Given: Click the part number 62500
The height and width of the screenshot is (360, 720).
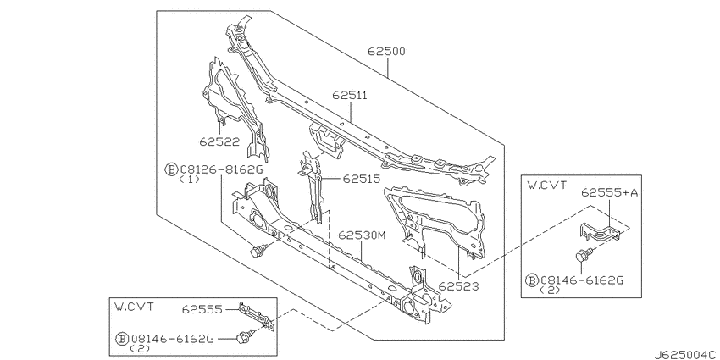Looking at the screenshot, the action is pyautogui.click(x=386, y=51).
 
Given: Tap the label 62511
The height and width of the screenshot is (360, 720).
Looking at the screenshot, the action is pyautogui.click(x=350, y=96).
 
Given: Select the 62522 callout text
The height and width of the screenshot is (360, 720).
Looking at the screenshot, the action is pyautogui.click(x=219, y=142).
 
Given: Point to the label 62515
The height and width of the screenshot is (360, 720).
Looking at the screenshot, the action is pyautogui.click(x=362, y=178).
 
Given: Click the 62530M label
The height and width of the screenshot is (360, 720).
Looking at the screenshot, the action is pyautogui.click(x=362, y=235).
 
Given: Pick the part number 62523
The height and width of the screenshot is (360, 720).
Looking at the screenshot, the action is pyautogui.click(x=458, y=286).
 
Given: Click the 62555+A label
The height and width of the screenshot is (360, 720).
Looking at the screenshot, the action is pyautogui.click(x=610, y=192).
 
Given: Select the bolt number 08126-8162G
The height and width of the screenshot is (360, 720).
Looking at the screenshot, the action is pyautogui.click(x=221, y=169).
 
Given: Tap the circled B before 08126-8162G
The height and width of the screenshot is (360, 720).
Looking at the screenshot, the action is pyautogui.click(x=171, y=169).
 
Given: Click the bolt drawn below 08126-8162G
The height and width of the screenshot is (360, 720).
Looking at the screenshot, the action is pyautogui.click(x=258, y=250).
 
